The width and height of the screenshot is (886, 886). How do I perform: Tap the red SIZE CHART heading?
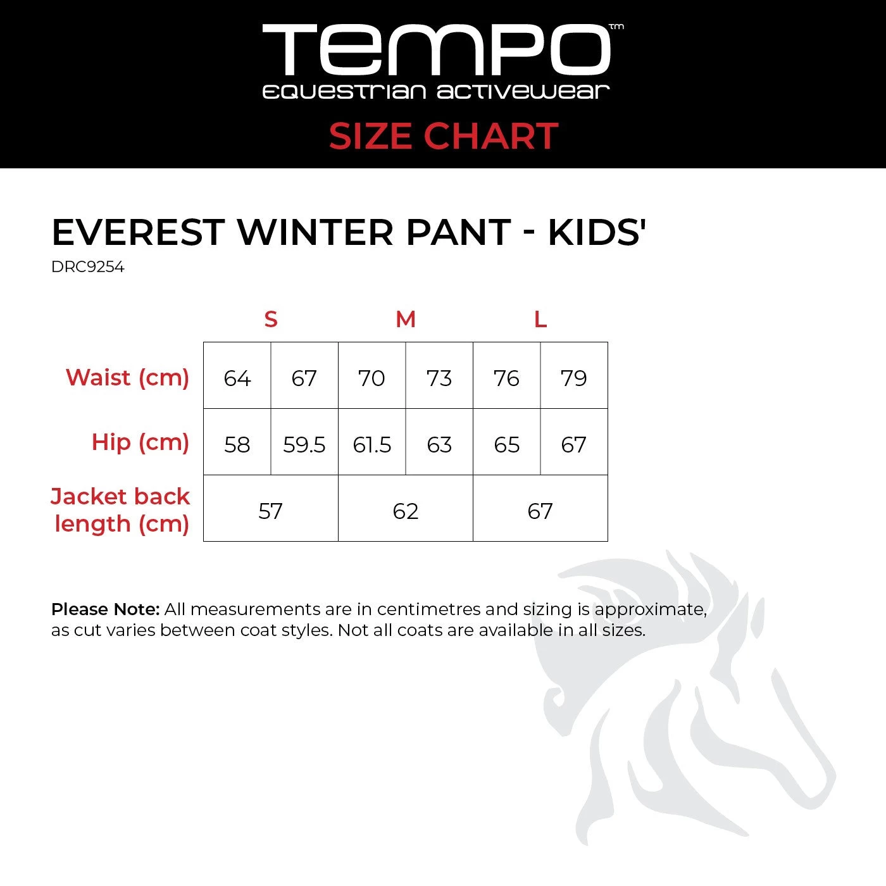[443, 136]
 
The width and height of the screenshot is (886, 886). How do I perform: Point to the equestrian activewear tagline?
[435, 92]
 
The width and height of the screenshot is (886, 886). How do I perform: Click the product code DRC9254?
[88, 267]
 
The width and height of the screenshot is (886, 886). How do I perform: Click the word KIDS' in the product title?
[596, 232]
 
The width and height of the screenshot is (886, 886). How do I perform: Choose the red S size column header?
[271, 320]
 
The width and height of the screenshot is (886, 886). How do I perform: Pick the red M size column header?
[406, 320]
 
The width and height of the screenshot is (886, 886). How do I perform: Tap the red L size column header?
[540, 320]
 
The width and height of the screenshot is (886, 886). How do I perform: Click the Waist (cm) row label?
[127, 377]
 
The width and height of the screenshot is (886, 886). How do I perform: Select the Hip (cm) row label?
[140, 442]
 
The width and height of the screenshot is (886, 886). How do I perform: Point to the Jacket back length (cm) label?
[120, 510]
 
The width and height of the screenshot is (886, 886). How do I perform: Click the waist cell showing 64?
[237, 378]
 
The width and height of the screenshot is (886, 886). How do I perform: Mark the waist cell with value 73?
[439, 378]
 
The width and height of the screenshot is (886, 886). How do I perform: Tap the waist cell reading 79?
[574, 378]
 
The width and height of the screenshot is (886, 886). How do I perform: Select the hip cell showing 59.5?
[304, 445]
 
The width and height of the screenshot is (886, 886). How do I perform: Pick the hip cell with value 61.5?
[372, 445]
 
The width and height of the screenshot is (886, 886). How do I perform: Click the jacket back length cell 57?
[271, 511]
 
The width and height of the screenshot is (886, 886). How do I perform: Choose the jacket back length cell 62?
[406, 511]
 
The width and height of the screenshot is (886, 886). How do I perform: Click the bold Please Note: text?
[105, 609]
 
